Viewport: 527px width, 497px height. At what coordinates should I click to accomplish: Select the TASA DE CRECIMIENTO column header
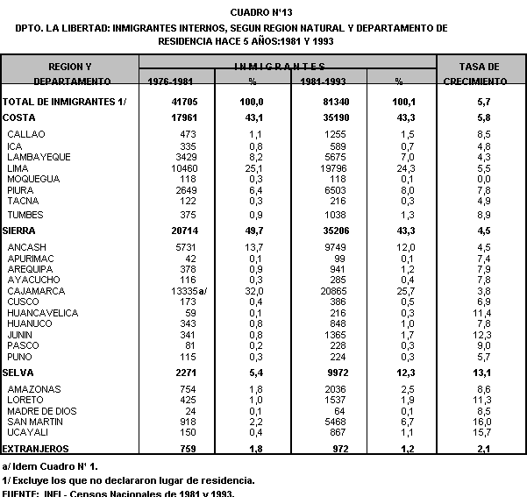click(x=480, y=74)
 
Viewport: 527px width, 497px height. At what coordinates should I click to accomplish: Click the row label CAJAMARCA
click(x=37, y=290)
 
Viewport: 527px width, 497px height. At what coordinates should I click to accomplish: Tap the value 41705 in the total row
click(x=184, y=103)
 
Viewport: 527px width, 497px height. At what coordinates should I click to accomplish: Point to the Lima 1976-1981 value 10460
click(x=182, y=167)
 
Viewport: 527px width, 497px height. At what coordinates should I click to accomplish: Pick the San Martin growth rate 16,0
click(x=481, y=422)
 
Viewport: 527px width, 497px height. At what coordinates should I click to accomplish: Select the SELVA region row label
click(x=18, y=373)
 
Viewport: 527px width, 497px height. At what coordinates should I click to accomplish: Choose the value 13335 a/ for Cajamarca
click(x=187, y=290)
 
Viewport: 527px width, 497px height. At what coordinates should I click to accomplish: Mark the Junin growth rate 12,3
click(x=481, y=334)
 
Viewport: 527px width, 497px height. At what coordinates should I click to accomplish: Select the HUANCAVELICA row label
click(x=42, y=312)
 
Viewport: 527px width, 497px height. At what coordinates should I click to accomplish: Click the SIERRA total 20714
click(x=182, y=229)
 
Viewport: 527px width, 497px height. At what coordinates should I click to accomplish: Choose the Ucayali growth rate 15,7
click(x=481, y=432)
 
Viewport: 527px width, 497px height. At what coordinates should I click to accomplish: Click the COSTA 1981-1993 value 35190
click(x=324, y=117)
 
